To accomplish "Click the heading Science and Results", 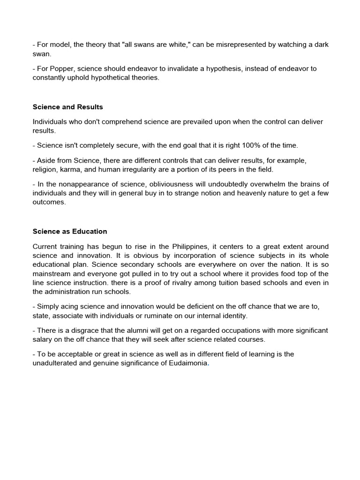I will pyautogui.click(x=67, y=107).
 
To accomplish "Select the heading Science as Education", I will pyautogui.click(x=70, y=232).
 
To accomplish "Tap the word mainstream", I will pyautogui.click(x=52, y=274).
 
